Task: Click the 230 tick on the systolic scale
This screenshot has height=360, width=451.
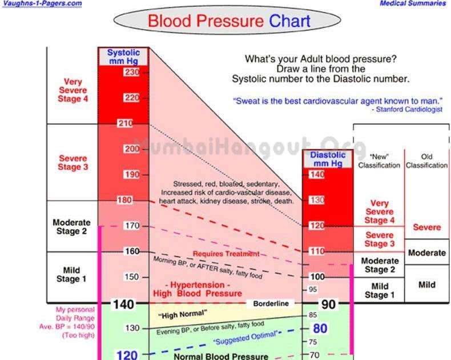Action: click(132, 72)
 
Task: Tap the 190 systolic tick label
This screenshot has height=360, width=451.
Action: click(132, 174)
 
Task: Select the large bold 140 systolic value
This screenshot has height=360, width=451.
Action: click(124, 305)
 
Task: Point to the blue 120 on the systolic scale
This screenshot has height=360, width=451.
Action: click(127, 354)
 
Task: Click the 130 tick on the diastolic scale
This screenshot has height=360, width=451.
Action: click(317, 200)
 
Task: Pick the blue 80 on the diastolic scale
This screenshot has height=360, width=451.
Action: click(320, 329)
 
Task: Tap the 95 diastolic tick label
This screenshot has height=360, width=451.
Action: click(313, 290)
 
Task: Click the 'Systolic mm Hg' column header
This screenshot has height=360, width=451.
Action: click(123, 57)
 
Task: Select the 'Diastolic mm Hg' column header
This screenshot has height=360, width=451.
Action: click(328, 159)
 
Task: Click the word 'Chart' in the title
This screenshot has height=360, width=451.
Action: click(289, 21)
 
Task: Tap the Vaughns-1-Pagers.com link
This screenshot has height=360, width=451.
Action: click(42, 4)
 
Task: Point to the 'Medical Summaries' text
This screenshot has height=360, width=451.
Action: click(413, 3)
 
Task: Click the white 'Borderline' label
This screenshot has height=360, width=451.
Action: click(271, 303)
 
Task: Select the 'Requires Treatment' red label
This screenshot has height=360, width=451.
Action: click(226, 254)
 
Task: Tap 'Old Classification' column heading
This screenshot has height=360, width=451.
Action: click(426, 161)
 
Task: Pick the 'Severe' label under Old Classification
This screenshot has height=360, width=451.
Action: click(427, 227)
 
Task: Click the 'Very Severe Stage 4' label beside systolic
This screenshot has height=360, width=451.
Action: click(73, 90)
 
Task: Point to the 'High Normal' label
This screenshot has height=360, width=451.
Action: click(182, 314)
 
